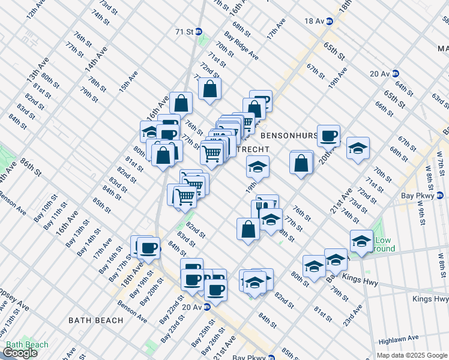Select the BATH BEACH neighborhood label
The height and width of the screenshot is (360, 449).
(95, 320)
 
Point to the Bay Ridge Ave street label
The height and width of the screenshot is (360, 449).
(241, 46)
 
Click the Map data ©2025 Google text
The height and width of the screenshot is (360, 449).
(412, 355)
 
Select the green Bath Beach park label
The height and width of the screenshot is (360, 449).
(26, 344)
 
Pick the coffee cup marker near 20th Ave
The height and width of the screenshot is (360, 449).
(328, 136)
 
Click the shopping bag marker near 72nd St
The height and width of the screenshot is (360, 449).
(210, 89)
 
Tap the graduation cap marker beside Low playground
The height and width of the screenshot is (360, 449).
(361, 241)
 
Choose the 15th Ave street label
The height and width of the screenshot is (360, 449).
(128, 81)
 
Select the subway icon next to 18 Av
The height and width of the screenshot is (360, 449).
(329, 21)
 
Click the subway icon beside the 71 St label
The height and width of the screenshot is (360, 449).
(198, 31)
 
